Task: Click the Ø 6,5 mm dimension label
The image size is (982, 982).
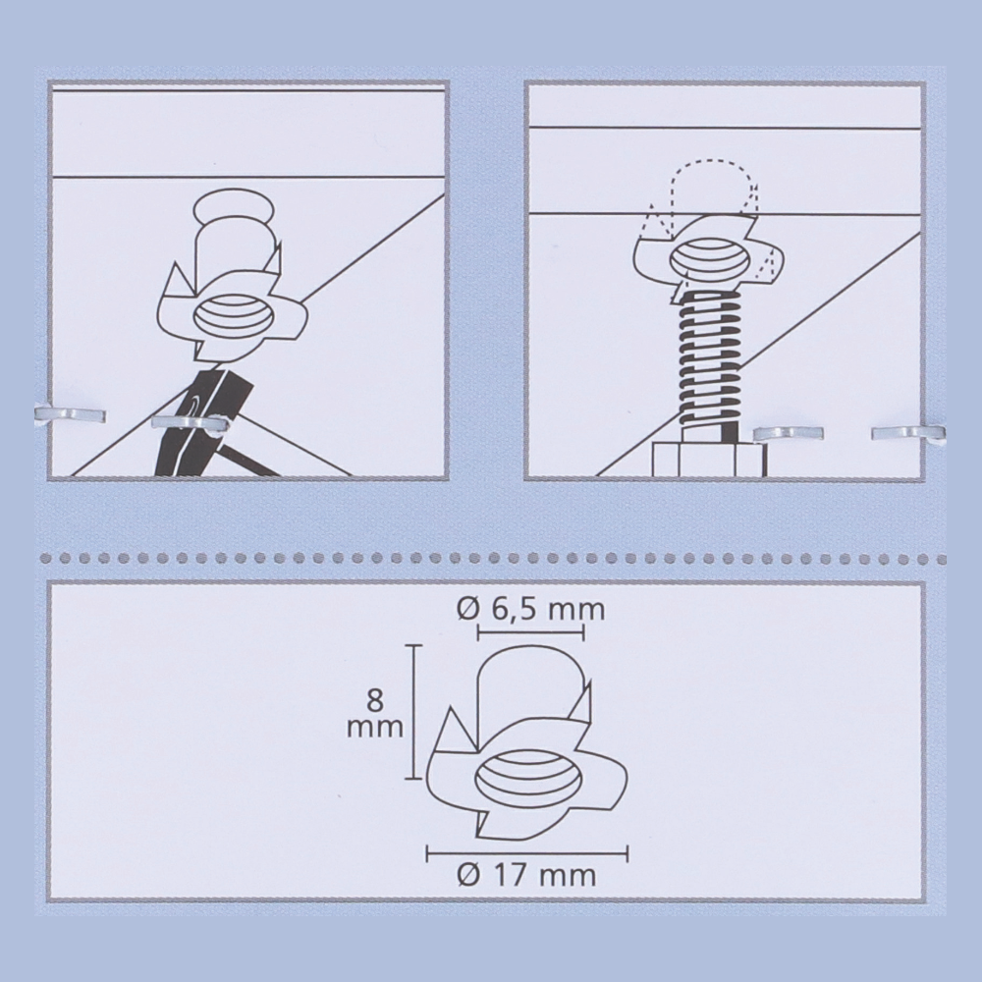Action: point(531,610)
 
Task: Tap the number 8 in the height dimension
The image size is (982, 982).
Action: point(375,700)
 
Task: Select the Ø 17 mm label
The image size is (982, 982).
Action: point(526,875)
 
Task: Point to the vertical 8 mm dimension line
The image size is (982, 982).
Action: point(413,712)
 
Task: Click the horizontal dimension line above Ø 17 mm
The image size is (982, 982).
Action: point(527,852)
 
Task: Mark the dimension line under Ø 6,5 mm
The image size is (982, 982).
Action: point(531,632)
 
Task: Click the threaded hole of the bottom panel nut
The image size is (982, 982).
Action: point(528,779)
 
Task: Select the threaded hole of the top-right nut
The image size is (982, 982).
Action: point(710,260)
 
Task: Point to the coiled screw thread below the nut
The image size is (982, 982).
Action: point(709,360)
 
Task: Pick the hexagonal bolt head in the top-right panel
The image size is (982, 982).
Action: point(708,459)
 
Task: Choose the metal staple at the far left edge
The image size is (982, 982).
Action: point(70,414)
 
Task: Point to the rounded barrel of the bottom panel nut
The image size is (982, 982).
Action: point(531,686)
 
